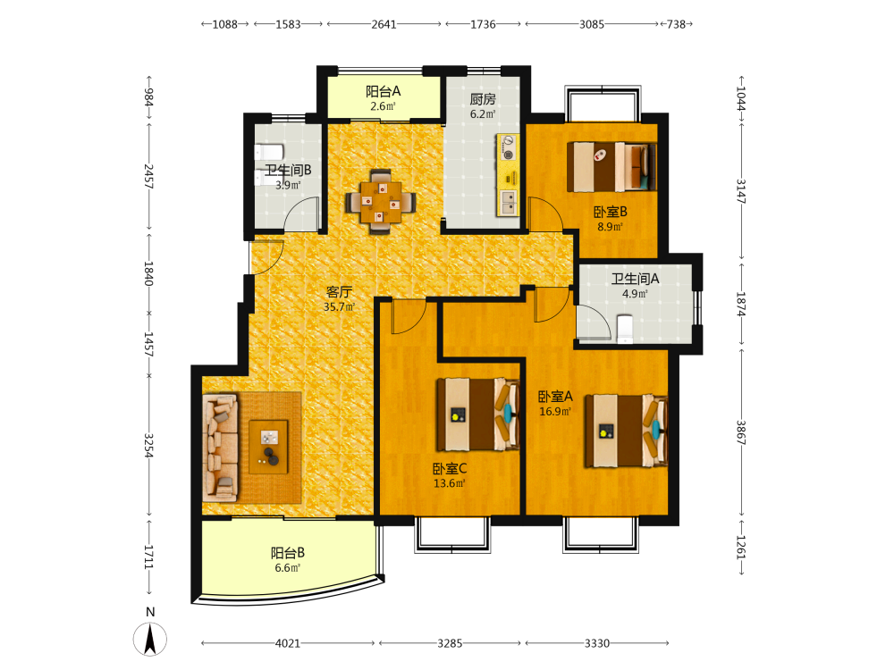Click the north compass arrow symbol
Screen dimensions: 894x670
[150, 639]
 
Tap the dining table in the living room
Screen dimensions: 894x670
[380, 202]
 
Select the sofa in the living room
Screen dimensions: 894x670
[220, 448]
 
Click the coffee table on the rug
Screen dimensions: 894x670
[268, 447]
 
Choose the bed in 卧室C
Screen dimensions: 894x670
[477, 415]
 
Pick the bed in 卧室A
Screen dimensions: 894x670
[626, 431]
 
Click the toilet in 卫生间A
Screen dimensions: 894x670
[626, 329]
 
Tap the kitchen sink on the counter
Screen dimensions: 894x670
[508, 202]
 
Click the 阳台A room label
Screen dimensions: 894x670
[384, 91]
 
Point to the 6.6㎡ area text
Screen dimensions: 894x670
[287, 568]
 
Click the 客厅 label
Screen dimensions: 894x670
[339, 292]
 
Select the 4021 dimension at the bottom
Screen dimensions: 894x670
[287, 643]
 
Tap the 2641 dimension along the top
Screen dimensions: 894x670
[384, 24]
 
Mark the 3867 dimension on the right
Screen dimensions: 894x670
[740, 432]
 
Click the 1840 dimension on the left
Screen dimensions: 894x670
[148, 273]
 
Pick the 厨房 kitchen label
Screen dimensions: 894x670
[483, 99]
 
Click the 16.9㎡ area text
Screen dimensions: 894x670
[555, 411]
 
